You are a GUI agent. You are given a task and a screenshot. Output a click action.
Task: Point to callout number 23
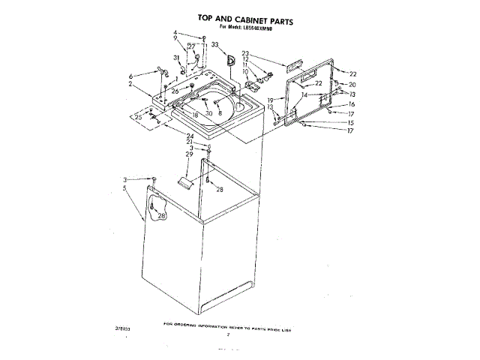[x=245, y=54]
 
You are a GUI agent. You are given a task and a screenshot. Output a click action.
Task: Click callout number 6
[x=131, y=76]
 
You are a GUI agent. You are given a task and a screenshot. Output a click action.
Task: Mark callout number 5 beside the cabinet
[x=124, y=187]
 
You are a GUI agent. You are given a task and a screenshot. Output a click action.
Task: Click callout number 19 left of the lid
[x=270, y=100]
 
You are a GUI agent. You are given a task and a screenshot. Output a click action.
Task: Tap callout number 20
[x=352, y=85]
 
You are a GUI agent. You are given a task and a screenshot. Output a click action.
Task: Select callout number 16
[x=351, y=104]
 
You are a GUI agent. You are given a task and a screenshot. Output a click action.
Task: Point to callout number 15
[x=350, y=122]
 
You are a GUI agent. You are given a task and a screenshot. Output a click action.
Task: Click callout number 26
[x=174, y=91]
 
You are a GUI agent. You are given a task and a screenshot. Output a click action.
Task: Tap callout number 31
[x=177, y=58]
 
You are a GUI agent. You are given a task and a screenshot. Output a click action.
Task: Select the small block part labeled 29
[x=184, y=181]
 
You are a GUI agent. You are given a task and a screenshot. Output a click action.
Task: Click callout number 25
[x=138, y=117]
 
